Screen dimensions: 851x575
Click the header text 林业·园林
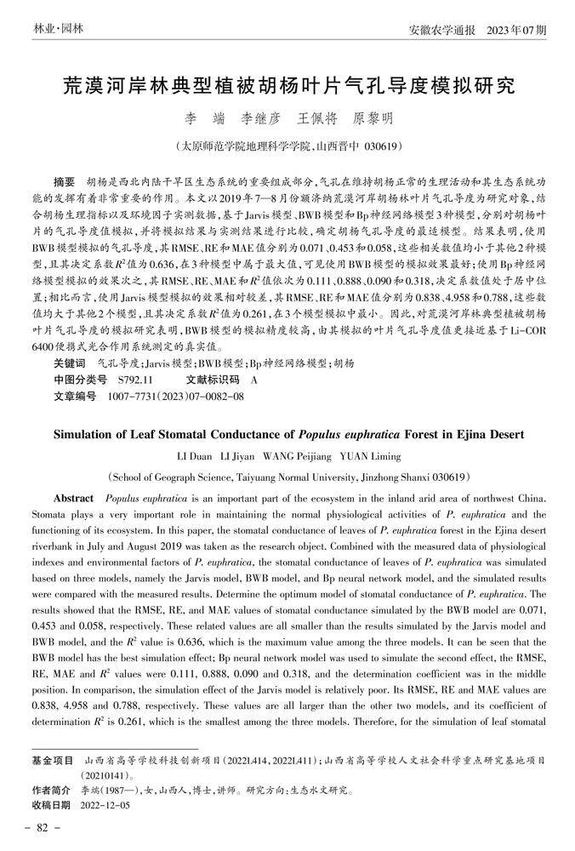click(58, 29)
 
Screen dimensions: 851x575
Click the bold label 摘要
click(64, 183)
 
